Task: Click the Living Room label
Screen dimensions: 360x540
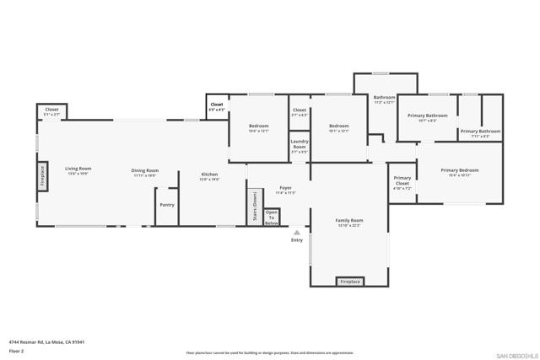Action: [x=79, y=170]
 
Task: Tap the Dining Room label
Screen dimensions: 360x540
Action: [x=145, y=172]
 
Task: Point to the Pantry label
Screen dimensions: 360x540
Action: [x=166, y=204]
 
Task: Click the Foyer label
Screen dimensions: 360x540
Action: [x=284, y=190]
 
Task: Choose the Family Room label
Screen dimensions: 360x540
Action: [x=349, y=222]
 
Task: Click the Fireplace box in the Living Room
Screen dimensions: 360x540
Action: [x=41, y=177]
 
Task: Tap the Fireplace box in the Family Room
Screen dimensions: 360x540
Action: [x=349, y=281]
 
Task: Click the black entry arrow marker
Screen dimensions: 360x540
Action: [x=296, y=232]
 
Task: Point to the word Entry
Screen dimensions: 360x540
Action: [x=296, y=241]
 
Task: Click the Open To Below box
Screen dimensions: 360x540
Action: [x=272, y=217]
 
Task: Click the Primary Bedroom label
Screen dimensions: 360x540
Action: [x=459, y=172]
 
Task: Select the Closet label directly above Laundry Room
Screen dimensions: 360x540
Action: [x=300, y=111]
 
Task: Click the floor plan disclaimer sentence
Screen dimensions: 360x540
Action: [x=270, y=353]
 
